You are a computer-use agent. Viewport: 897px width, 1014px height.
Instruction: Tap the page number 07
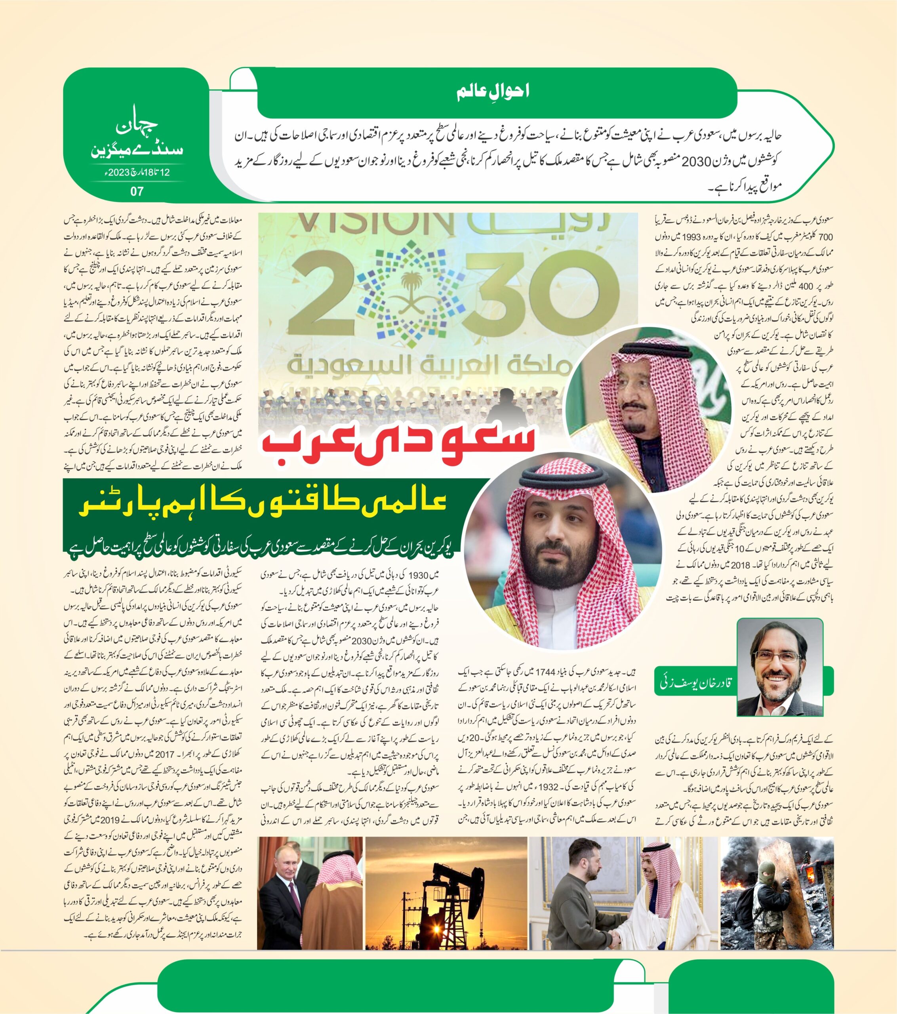pyautogui.click(x=137, y=191)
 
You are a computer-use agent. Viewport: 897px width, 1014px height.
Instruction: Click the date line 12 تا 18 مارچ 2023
pyautogui.click(x=137, y=172)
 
